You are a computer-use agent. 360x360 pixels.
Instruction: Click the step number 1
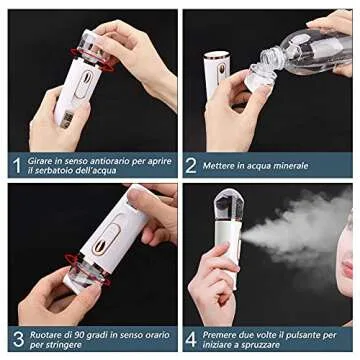pyautogui.click(x=17, y=165)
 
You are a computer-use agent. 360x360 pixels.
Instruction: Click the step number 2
pyautogui.click(x=190, y=165)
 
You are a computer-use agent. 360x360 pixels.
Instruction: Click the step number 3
pyautogui.click(x=17, y=339)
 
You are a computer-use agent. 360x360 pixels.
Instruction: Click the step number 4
pyautogui.click(x=190, y=339)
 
